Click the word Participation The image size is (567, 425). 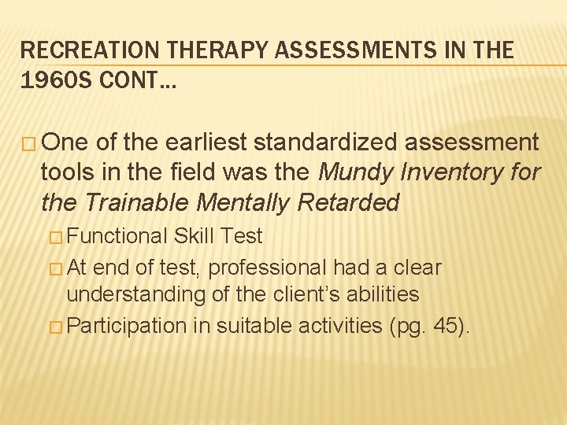pyautogui.click(x=127, y=325)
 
